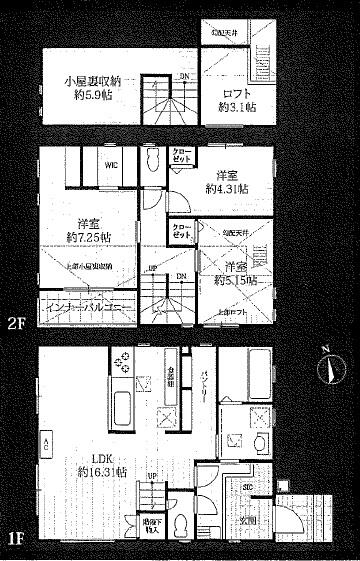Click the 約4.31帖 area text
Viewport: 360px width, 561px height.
pyautogui.click(x=228, y=188)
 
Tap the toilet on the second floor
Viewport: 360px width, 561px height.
pyautogui.click(x=153, y=162)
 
